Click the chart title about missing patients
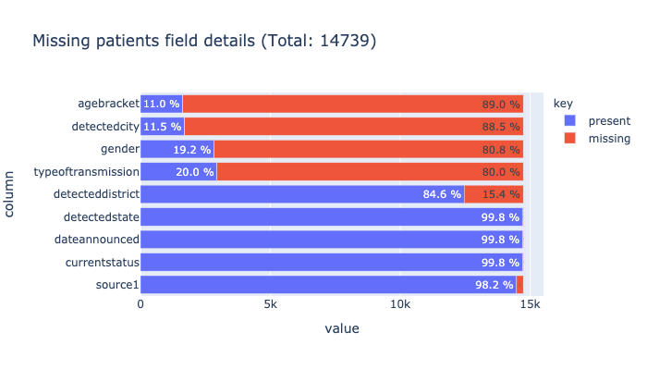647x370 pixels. [x=204, y=41]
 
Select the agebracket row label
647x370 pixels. [x=109, y=104]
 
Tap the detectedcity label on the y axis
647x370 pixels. [x=105, y=126]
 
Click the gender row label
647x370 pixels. [x=120, y=149]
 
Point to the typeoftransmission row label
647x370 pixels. [x=86, y=171]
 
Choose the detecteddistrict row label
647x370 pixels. [x=95, y=194]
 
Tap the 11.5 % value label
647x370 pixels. [x=161, y=127]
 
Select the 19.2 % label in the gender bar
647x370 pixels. [x=190, y=149]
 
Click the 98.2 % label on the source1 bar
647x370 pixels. [x=494, y=285]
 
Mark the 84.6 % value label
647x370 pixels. [x=441, y=194]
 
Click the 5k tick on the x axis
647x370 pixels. [x=271, y=303]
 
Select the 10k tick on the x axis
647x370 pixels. [x=401, y=303]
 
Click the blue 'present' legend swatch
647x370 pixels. [x=569, y=120]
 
